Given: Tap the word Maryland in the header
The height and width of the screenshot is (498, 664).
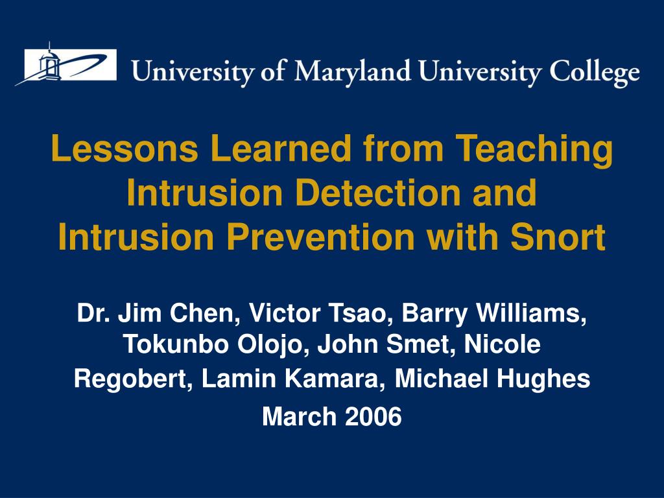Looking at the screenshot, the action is (x=353, y=72).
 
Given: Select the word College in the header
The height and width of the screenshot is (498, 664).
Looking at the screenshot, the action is (x=595, y=73).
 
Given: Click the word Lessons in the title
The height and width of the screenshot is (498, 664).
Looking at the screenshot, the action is (x=124, y=148).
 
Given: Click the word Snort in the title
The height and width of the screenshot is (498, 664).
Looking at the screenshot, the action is (x=558, y=237).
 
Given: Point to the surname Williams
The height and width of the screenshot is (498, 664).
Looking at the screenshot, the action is (x=531, y=313).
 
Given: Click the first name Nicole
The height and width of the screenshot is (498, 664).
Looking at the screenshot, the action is (x=503, y=344).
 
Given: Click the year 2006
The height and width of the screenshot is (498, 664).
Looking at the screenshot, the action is (x=373, y=416).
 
